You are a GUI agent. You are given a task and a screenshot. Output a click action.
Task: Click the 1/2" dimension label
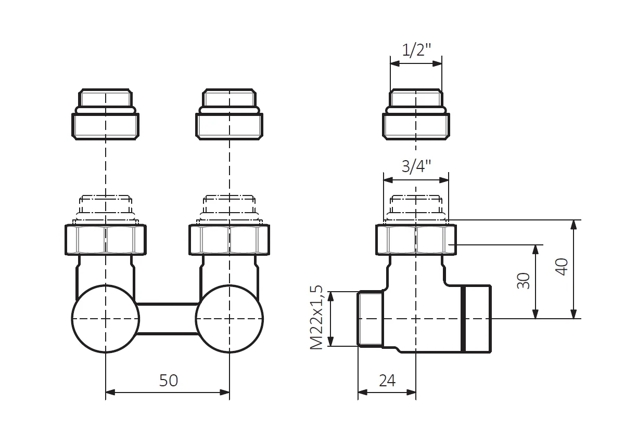point(416,50)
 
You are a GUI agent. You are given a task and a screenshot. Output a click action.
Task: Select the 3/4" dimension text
point(416,166)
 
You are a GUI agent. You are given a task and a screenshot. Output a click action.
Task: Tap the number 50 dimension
point(168,381)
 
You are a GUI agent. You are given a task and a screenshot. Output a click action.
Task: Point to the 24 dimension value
point(387,381)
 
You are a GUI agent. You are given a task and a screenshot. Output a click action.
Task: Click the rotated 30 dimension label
point(523,281)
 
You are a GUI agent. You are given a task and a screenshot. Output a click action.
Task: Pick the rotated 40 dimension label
point(562,267)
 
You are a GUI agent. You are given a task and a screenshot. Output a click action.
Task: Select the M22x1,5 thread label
point(316,317)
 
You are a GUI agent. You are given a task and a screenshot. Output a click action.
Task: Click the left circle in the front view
point(106,319)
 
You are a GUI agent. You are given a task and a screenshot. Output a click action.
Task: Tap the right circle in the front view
point(229,319)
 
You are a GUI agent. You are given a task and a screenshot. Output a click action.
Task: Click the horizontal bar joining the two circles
point(168,319)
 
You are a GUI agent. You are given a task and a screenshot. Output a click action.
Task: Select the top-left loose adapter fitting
point(105,114)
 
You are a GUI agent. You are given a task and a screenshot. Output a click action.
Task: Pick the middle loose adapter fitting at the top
point(229,114)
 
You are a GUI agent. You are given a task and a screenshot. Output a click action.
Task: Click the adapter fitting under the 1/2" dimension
point(416,114)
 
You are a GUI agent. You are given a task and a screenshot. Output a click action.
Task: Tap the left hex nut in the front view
point(106,240)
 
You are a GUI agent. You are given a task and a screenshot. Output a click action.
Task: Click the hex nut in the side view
point(416,240)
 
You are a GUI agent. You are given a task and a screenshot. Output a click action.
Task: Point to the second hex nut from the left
point(229,240)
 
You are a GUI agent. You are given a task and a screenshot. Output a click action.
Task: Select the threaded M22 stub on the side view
point(370,319)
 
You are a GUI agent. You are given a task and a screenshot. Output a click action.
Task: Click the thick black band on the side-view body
point(463,319)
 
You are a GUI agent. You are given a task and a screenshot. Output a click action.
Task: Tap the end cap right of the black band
point(479,319)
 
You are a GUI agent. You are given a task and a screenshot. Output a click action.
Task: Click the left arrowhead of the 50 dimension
point(110,393)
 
